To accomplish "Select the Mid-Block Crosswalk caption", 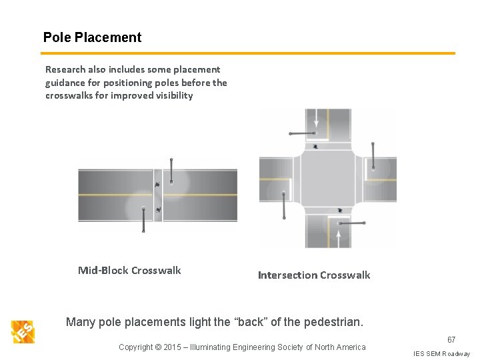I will point(129,270).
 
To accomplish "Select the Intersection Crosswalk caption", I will point(313,275).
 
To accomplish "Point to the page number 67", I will point(451,340).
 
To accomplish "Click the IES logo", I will point(22,331).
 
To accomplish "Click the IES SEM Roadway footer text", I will point(441,353).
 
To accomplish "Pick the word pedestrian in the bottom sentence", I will point(332,323).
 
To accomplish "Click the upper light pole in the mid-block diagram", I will point(171,171).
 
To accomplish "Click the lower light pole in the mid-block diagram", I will point(143,219).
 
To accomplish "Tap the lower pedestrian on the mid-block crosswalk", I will point(158,210).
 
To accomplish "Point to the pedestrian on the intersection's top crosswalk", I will point(315,147).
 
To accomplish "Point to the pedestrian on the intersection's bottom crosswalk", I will point(341,211).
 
